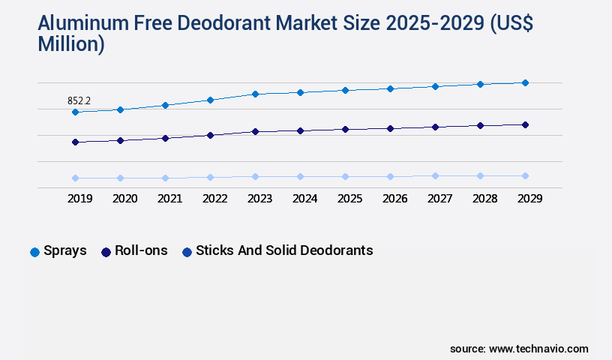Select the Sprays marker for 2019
tap(75, 112)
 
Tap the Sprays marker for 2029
tap(525, 82)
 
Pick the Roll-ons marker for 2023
tap(255, 132)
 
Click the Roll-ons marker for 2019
tap(75, 142)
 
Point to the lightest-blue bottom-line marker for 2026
tap(390, 177)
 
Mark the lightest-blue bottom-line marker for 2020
tap(120, 178)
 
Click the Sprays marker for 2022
tap(210, 100)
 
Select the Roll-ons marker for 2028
tap(480, 125)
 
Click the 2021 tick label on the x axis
tap(169, 199)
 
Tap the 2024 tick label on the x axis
tap(304, 199)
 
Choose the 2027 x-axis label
tap(439, 199)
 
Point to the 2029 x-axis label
tap(529, 199)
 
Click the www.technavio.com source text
tap(538, 349)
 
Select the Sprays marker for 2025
tap(345, 90)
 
